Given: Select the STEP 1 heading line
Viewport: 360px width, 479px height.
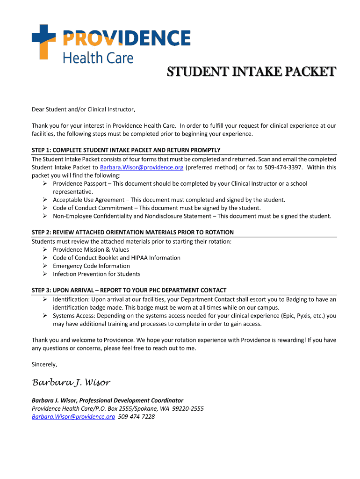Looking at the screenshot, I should click(126, 150).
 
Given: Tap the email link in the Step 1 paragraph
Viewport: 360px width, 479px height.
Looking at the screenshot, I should click(142, 167).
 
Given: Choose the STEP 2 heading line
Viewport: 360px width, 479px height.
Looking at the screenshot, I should click(132, 232).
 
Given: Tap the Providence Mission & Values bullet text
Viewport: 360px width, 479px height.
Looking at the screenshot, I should click(91, 250).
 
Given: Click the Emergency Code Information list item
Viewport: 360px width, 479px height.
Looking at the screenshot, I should click(91, 266).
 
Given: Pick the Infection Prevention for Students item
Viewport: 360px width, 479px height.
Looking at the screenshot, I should click(96, 274).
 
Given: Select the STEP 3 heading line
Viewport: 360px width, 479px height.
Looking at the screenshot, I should click(129, 290).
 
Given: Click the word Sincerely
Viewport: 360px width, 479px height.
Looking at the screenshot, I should click(44, 364).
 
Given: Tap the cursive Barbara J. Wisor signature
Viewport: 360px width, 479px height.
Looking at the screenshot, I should click(71, 383).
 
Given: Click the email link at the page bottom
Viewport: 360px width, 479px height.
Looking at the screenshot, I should click(73, 417).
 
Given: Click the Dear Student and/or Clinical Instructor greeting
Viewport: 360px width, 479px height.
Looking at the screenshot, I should click(83, 110).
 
